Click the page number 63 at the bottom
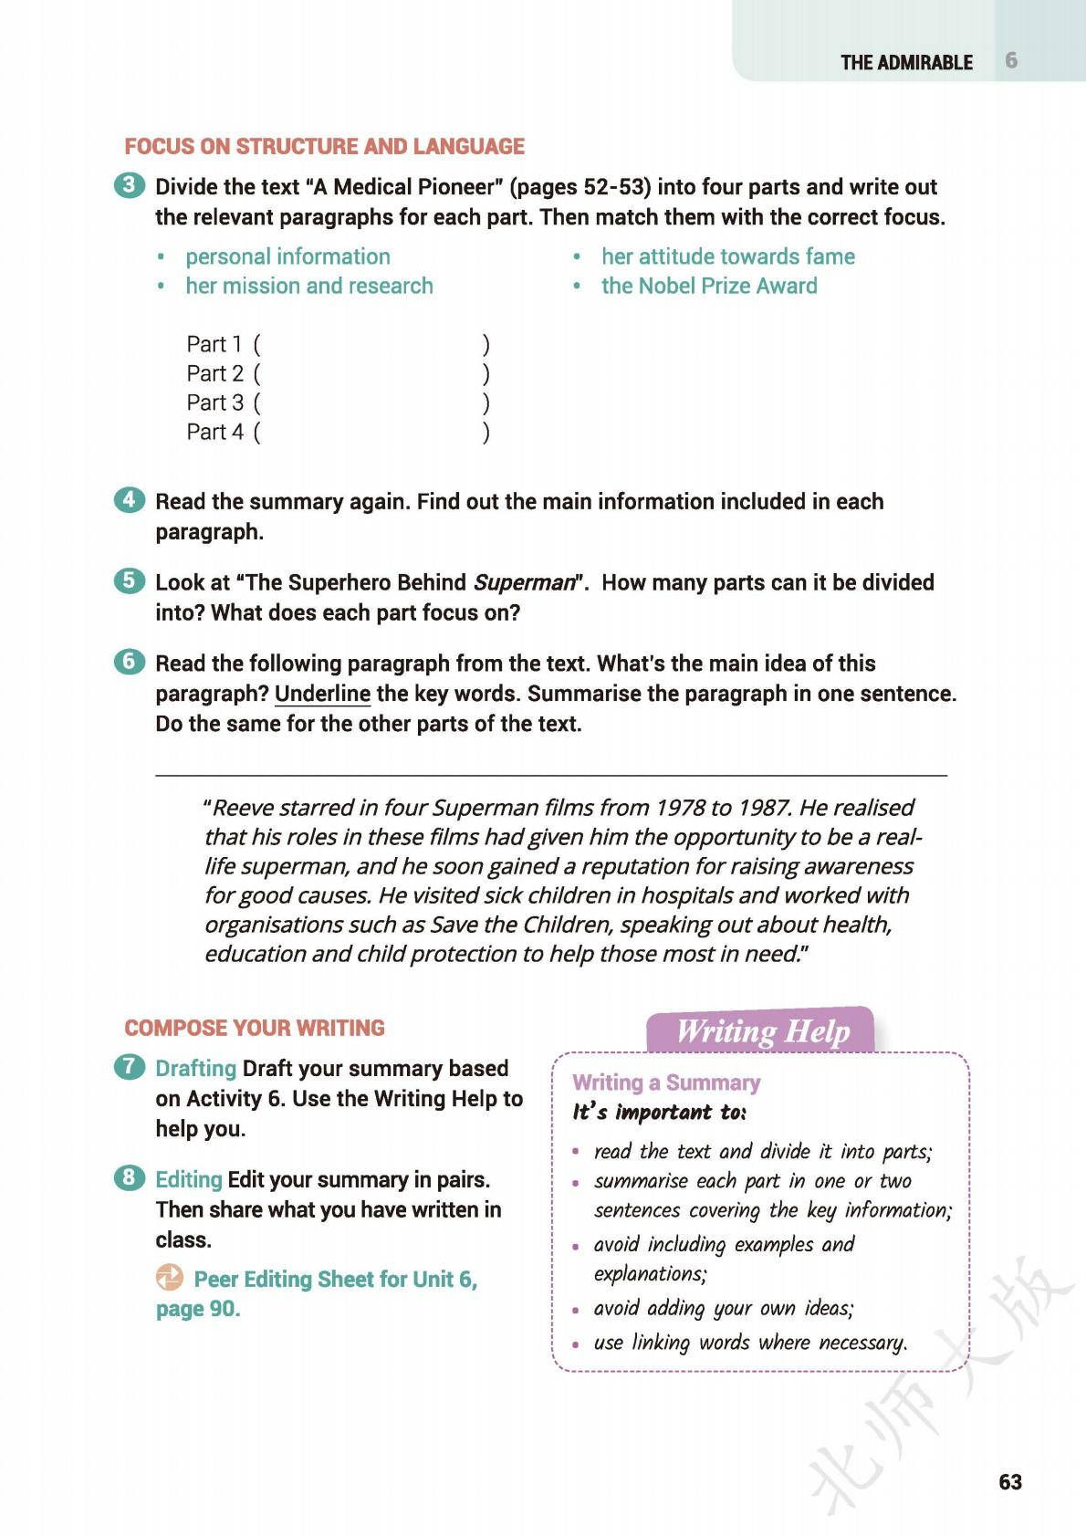click(1010, 1481)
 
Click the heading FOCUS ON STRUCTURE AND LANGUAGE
click(324, 146)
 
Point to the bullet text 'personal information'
click(287, 256)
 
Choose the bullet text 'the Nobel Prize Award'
click(709, 286)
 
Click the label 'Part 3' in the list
click(215, 403)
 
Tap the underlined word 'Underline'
click(322, 694)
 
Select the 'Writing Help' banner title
click(762, 1031)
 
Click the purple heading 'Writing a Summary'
click(666, 1082)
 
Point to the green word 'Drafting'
click(195, 1068)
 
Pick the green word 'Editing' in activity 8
click(189, 1179)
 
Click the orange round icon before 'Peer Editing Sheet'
click(170, 1278)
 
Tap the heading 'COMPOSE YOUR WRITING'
click(255, 1028)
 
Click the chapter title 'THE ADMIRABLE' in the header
click(906, 62)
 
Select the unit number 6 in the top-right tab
click(1011, 60)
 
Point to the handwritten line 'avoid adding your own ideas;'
click(723, 1308)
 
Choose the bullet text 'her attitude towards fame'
click(727, 256)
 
